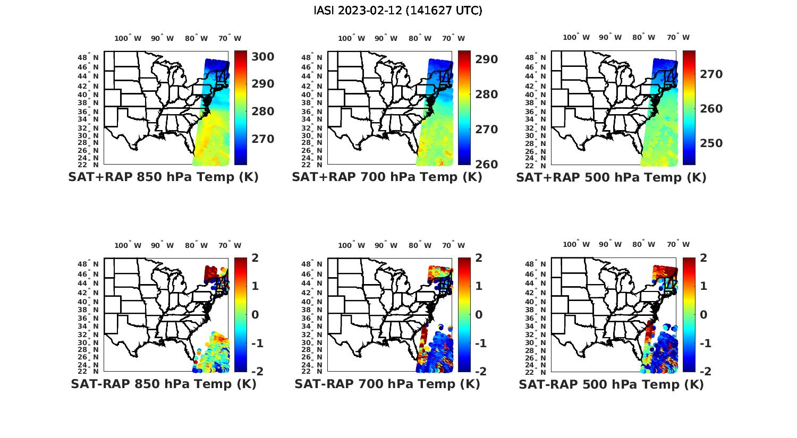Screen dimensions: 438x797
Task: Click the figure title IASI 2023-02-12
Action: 398,11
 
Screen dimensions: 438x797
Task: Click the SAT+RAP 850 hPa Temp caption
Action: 163,177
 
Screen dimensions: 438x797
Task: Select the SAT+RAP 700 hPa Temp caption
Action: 387,177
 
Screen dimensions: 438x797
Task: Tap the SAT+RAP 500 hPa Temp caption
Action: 611,177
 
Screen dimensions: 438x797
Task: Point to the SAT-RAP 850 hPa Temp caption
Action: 163,384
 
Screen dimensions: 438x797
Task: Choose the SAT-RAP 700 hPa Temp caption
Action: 387,384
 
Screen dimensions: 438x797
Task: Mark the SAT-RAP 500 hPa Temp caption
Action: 611,384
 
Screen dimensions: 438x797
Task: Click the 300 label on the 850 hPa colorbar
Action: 263,57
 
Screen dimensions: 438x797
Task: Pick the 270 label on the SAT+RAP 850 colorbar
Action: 263,139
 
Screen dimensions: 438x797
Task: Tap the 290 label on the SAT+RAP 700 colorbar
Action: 487,59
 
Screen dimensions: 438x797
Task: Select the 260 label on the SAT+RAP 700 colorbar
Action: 487,164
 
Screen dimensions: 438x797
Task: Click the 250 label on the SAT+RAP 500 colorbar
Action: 711,143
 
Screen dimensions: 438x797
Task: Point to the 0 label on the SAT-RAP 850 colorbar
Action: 256,314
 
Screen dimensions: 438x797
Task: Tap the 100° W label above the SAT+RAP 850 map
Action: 128,38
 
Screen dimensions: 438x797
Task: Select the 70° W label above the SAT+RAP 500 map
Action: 679,37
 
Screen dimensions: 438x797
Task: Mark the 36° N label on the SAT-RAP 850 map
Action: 88,317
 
